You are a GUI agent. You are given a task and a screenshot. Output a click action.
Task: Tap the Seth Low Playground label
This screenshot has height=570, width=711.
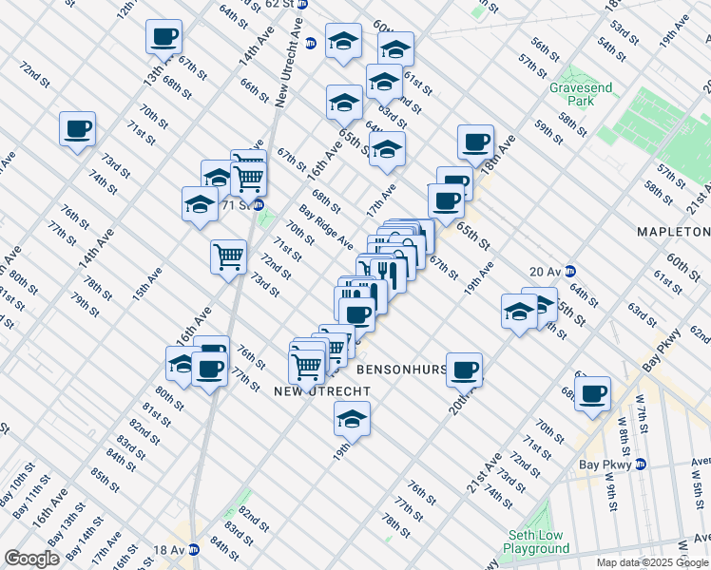(536, 541)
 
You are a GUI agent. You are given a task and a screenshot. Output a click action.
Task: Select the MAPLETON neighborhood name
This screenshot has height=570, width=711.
(673, 232)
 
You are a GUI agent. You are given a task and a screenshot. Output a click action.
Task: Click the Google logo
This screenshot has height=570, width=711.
(31, 558)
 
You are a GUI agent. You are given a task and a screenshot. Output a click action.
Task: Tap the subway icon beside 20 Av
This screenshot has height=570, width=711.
(570, 271)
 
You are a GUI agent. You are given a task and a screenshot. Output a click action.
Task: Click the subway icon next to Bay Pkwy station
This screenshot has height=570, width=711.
(641, 465)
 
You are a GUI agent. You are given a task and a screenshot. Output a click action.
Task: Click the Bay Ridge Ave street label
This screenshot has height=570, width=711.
(326, 225)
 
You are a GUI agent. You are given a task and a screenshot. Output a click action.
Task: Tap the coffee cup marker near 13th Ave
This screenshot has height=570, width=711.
(163, 37)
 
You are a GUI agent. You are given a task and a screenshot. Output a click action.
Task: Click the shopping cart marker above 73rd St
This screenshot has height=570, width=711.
(228, 256)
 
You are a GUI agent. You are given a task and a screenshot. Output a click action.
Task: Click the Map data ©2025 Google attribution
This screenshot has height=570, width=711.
(651, 561)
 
